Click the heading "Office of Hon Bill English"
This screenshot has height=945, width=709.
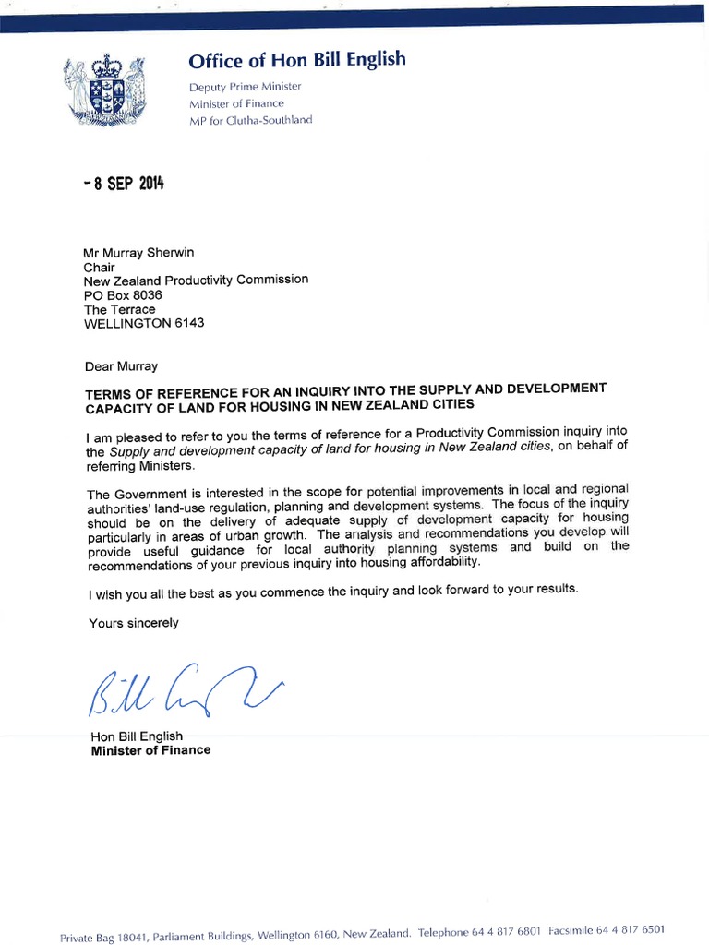click(x=296, y=61)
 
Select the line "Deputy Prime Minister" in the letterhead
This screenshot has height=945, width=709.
click(x=245, y=86)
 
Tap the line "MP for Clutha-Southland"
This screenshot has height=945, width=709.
click(x=250, y=120)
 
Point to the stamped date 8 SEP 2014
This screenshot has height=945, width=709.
click(x=123, y=183)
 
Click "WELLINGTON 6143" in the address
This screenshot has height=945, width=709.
click(x=144, y=324)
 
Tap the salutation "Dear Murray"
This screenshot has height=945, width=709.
click(x=121, y=366)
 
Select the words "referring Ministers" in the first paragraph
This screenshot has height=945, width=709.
click(x=140, y=466)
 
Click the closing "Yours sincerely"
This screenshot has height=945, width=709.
click(x=134, y=623)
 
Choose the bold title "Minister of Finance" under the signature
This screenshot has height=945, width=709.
click(x=150, y=750)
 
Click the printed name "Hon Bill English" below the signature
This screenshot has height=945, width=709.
click(x=137, y=736)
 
